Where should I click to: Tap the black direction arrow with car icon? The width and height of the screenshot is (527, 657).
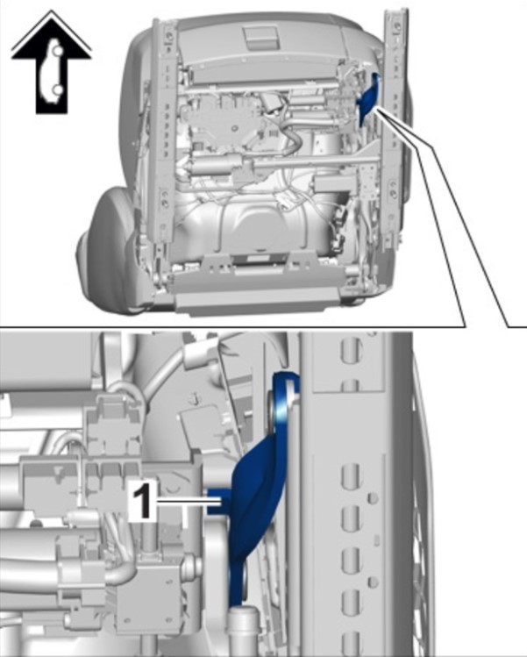tap(51, 63)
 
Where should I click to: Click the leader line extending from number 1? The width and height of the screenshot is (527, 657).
tap(189, 500)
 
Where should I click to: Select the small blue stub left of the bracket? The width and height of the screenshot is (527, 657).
tap(218, 501)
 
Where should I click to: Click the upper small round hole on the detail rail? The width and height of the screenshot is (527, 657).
tap(373, 498)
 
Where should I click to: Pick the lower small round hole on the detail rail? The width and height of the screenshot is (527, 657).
tap(373, 582)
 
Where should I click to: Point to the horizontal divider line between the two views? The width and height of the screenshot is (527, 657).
tap(232, 326)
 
